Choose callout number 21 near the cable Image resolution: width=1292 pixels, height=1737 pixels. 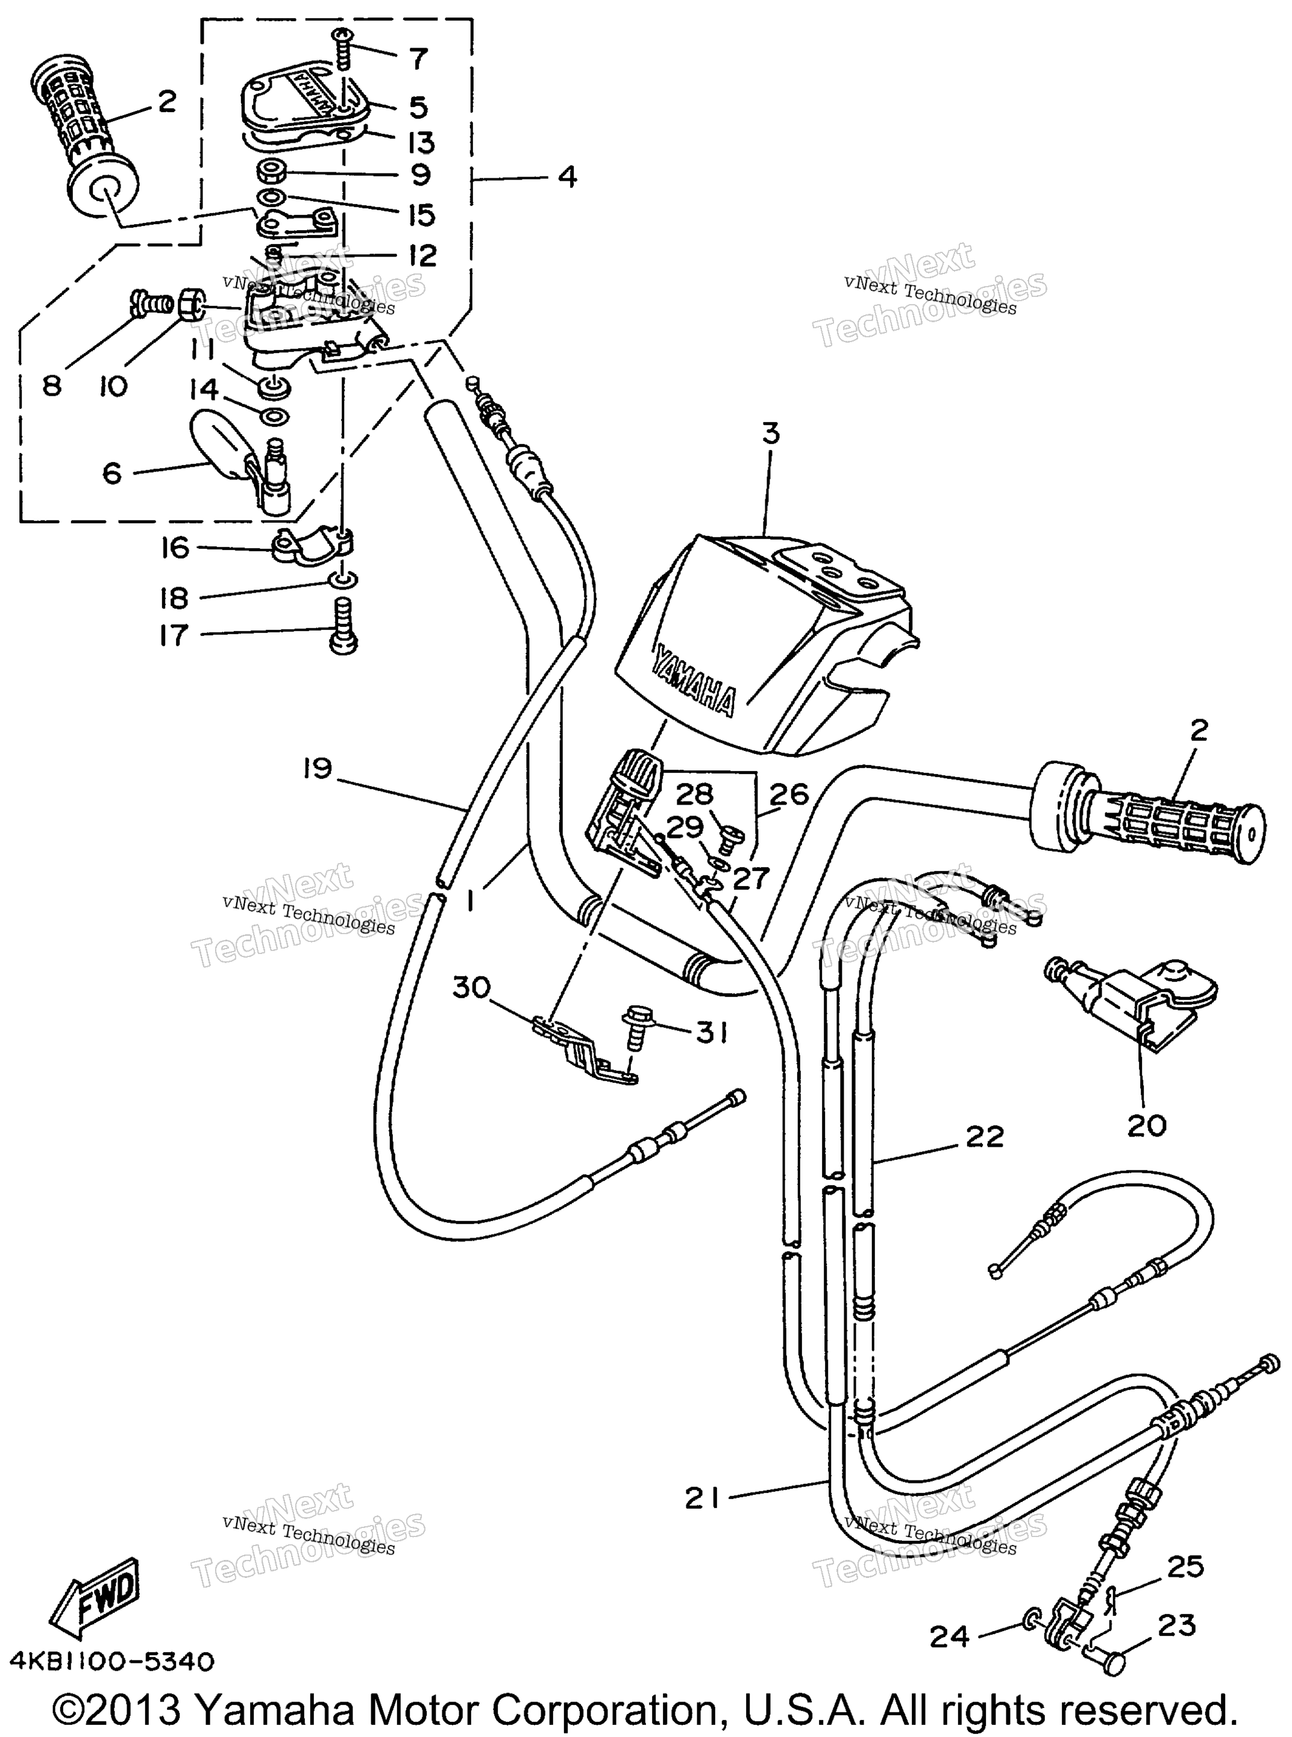[701, 1498]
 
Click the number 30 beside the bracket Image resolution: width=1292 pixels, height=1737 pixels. [472, 988]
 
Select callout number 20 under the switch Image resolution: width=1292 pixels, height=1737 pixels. [1147, 1126]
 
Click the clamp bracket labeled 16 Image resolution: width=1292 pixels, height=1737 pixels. [313, 545]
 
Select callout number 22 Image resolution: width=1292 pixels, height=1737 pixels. [985, 1136]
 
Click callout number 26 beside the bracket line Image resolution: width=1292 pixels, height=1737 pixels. [788, 796]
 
